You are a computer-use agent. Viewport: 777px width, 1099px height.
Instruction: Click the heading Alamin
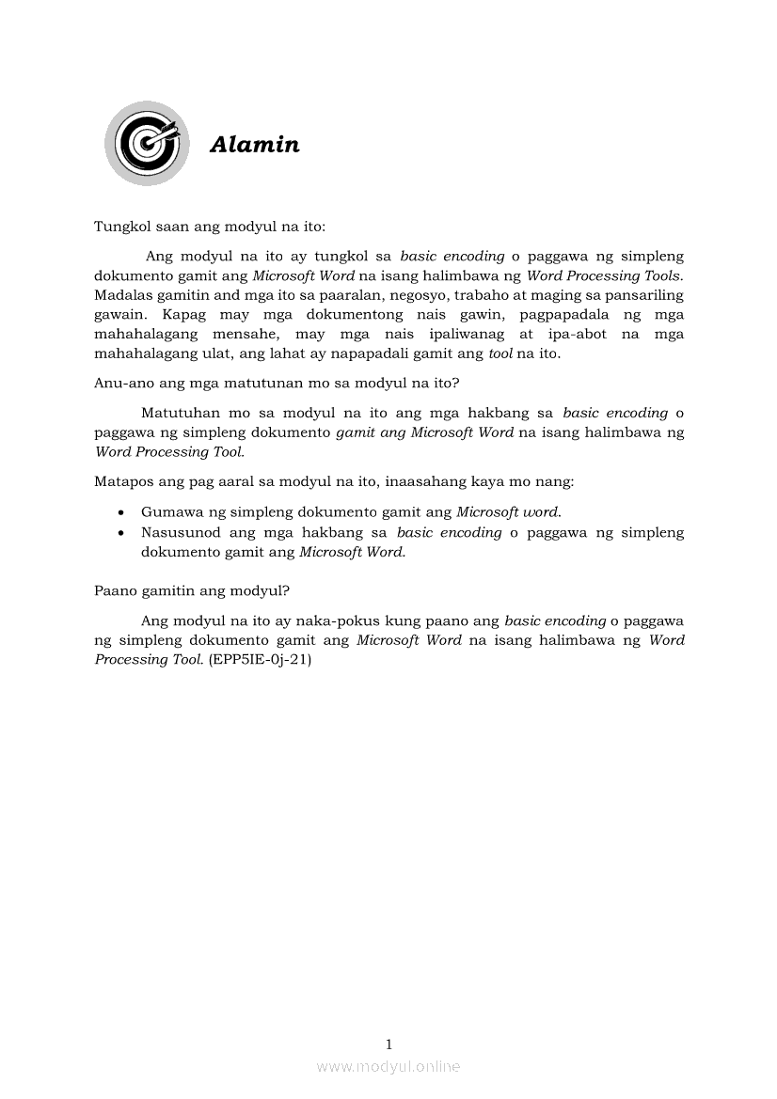pyautogui.click(x=254, y=145)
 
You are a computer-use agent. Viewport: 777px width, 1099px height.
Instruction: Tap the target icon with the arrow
pyautogui.click(x=145, y=143)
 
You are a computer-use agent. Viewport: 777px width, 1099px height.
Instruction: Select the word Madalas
pyautogui.click(x=123, y=294)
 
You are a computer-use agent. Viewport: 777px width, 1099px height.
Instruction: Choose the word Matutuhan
pyautogui.click(x=179, y=412)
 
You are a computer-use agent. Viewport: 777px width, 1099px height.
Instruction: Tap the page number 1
pyautogui.click(x=388, y=1044)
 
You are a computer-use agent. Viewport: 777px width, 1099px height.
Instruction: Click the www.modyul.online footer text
pyautogui.click(x=388, y=1066)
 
